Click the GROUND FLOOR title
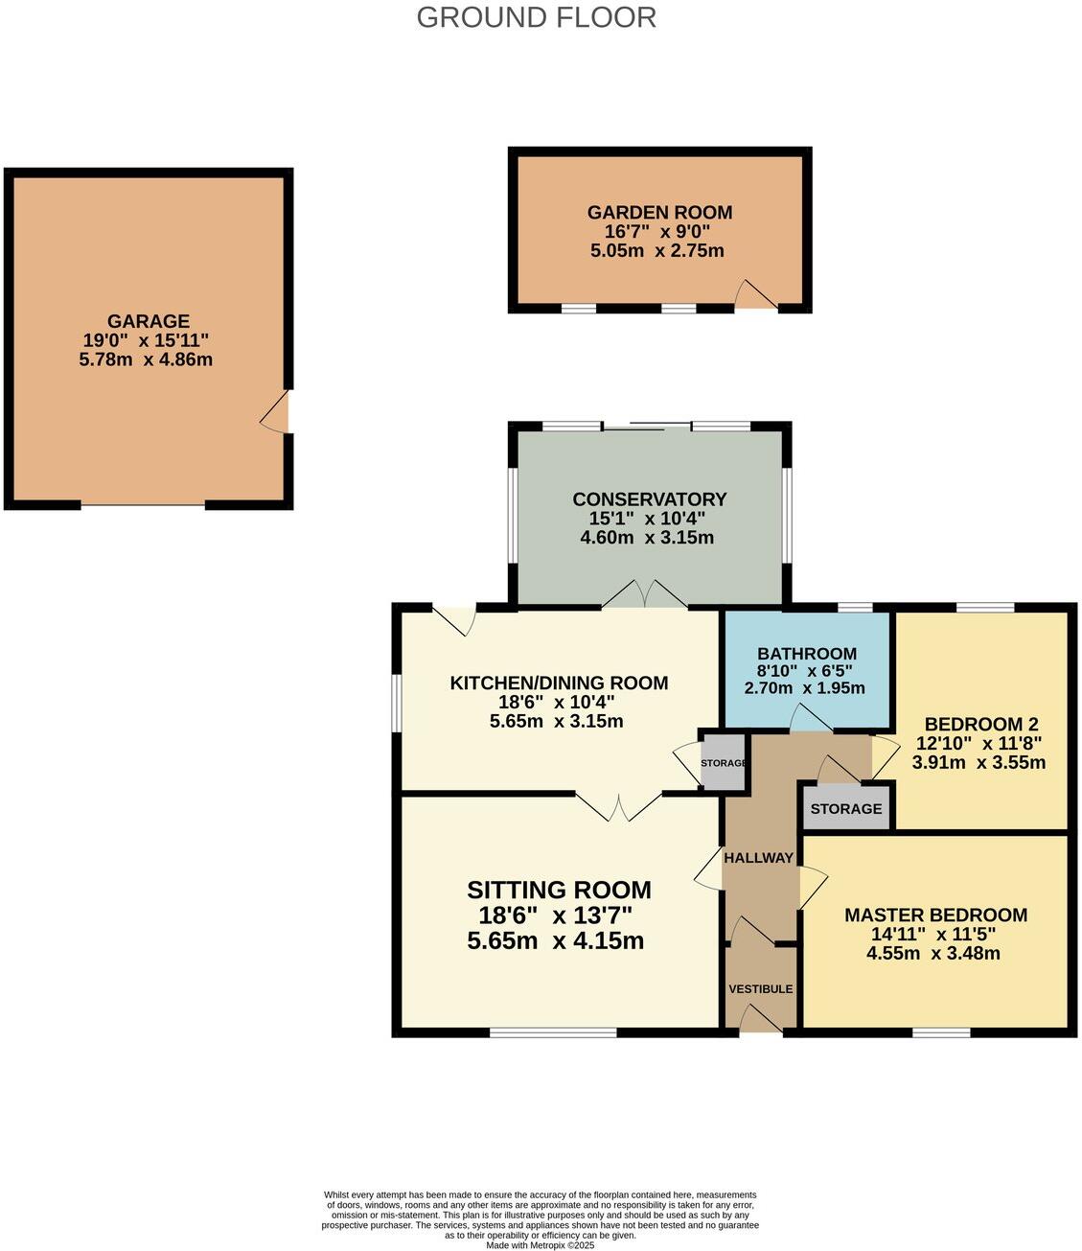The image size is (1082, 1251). pyautogui.click(x=536, y=17)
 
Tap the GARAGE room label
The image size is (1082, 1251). pyautogui.click(x=148, y=321)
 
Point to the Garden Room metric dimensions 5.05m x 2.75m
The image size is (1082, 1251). pyautogui.click(x=657, y=251)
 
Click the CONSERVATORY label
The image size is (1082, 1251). pyautogui.click(x=649, y=499)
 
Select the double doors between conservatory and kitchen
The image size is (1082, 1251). pyautogui.click(x=645, y=595)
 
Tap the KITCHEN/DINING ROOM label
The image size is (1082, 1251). pyautogui.click(x=559, y=683)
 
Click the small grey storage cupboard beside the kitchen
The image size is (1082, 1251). pyautogui.click(x=724, y=763)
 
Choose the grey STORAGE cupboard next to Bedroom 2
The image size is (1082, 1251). pyautogui.click(x=845, y=808)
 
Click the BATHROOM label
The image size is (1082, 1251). pyautogui.click(x=806, y=654)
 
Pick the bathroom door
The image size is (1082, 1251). pyautogui.click(x=810, y=720)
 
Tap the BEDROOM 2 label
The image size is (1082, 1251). pyautogui.click(x=980, y=725)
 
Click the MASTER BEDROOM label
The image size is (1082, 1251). pyautogui.click(x=935, y=915)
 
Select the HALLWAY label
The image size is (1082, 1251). pyautogui.click(x=758, y=858)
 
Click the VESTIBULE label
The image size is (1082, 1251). pyautogui.click(x=760, y=988)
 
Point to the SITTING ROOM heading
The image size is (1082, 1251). pyautogui.click(x=559, y=890)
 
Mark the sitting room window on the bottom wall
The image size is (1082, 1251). pyautogui.click(x=553, y=1032)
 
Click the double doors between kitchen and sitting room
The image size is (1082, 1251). pyautogui.click(x=618, y=807)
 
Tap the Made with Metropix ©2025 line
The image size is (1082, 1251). pyautogui.click(x=541, y=1245)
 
